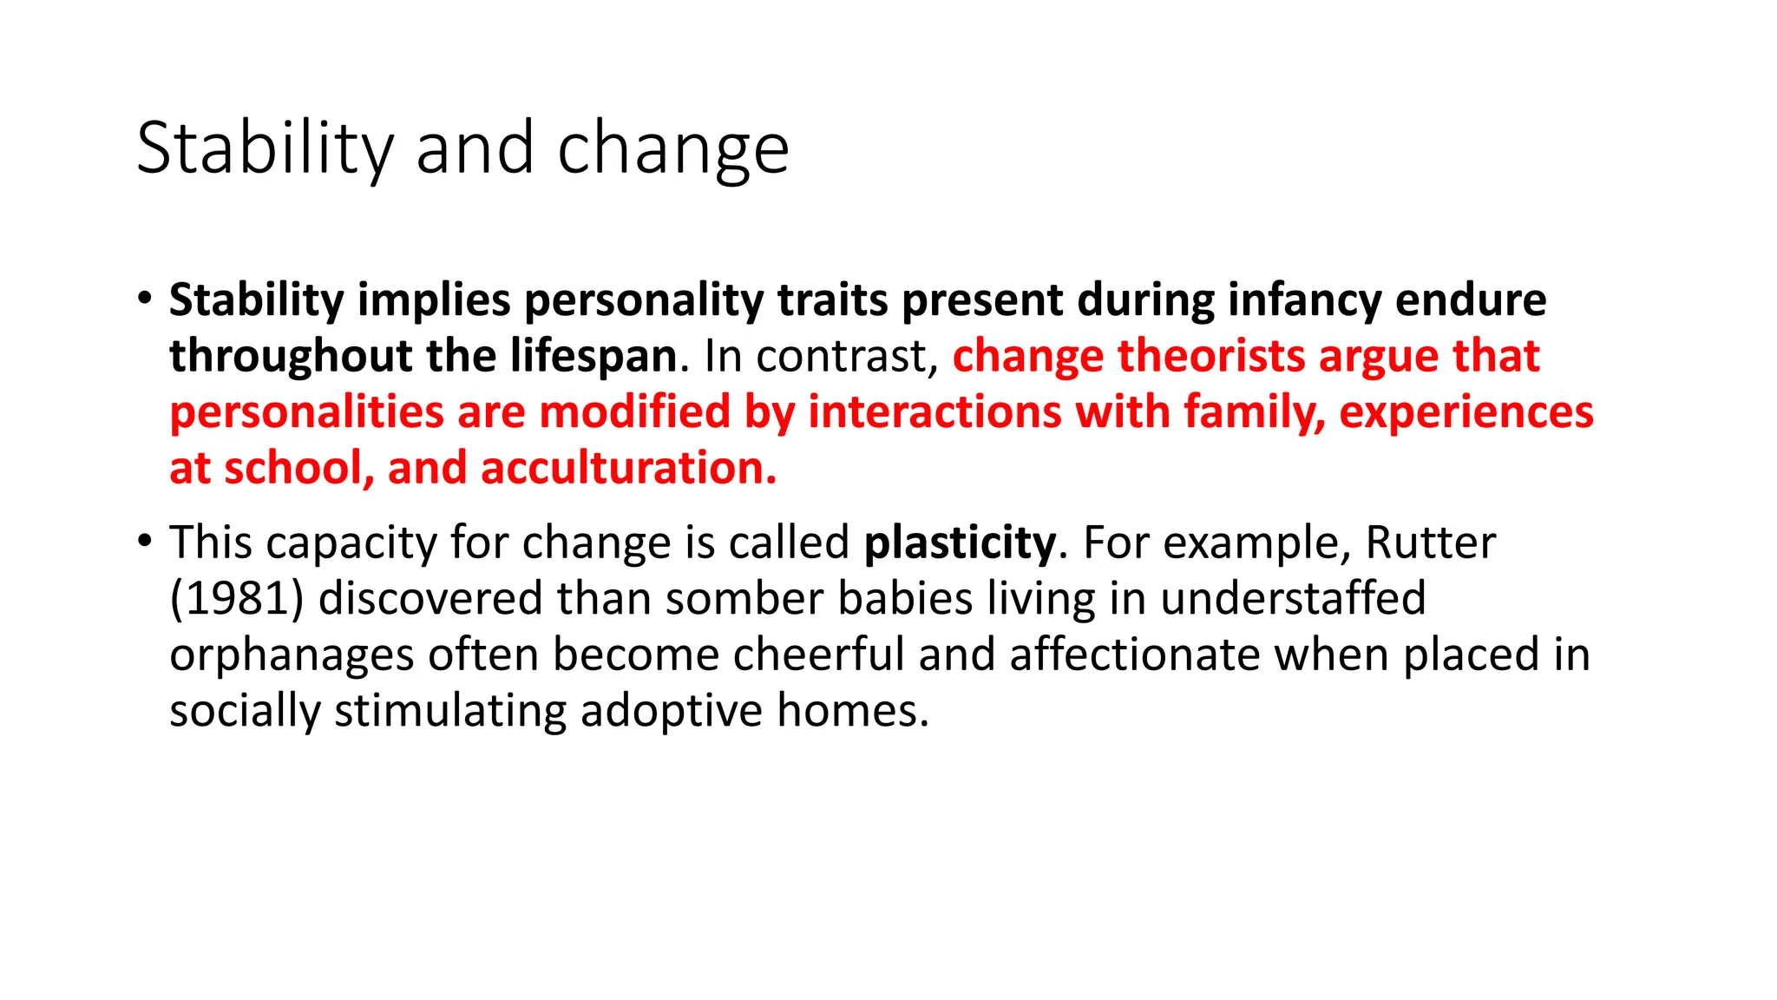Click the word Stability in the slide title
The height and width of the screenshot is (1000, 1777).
[266, 149]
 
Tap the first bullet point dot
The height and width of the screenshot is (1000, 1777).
[144, 297]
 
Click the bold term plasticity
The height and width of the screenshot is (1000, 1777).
[960, 543]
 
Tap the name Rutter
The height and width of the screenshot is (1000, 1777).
[1430, 543]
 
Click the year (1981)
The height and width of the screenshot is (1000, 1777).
[237, 599]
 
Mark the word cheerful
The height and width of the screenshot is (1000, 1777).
[818, 655]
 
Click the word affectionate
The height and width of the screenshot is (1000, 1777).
[1134, 655]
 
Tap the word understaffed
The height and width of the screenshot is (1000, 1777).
[1292, 599]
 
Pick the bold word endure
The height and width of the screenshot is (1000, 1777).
[1470, 300]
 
